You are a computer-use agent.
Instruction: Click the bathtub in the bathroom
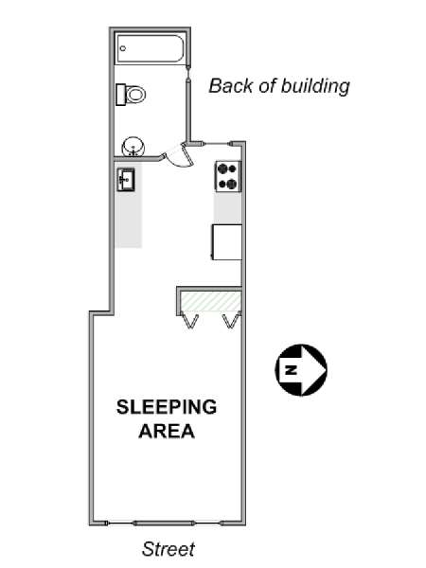pyautogui.click(x=150, y=48)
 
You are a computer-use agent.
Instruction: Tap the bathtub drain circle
pyautogui.click(x=123, y=48)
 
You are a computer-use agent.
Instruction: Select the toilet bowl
pyautogui.click(x=135, y=95)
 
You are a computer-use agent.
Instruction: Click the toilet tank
pyautogui.click(x=120, y=95)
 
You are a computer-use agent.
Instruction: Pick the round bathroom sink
pyautogui.click(x=133, y=147)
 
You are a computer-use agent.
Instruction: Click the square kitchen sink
pyautogui.click(x=126, y=179)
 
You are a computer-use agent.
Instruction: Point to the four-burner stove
pyautogui.click(x=228, y=176)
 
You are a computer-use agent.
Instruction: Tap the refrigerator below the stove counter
pyautogui.click(x=227, y=242)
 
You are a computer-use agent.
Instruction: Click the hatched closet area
pyautogui.click(x=211, y=301)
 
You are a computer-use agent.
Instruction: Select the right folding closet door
pyautogui.click(x=232, y=320)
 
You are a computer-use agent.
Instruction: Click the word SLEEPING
pyautogui.click(x=167, y=407)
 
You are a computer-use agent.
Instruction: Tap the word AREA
pyautogui.click(x=167, y=431)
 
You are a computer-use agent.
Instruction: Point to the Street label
pyautogui.click(x=169, y=549)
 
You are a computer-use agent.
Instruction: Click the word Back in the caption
pyautogui.click(x=230, y=86)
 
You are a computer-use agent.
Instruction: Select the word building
pyautogui.click(x=315, y=86)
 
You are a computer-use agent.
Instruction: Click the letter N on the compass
pyautogui.click(x=292, y=370)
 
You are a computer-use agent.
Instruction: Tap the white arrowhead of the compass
pyautogui.click(x=313, y=370)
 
